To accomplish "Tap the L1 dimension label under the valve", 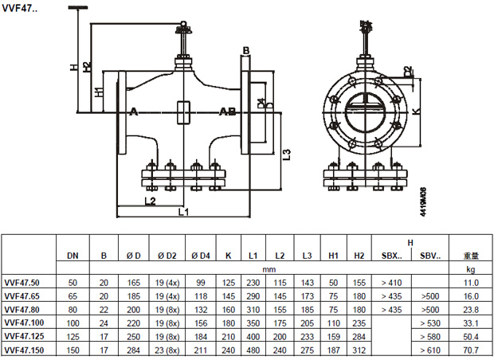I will (182, 213).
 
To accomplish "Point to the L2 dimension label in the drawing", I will (150, 201).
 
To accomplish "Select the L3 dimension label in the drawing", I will (288, 155).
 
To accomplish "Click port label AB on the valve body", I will (227, 112).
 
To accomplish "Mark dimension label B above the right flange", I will (246, 51).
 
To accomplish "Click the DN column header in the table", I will (72, 256).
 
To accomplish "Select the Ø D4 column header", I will (200, 256).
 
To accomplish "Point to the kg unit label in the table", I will (470, 269).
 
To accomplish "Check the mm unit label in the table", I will (253, 269).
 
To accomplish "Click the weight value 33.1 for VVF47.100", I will (470, 323).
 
